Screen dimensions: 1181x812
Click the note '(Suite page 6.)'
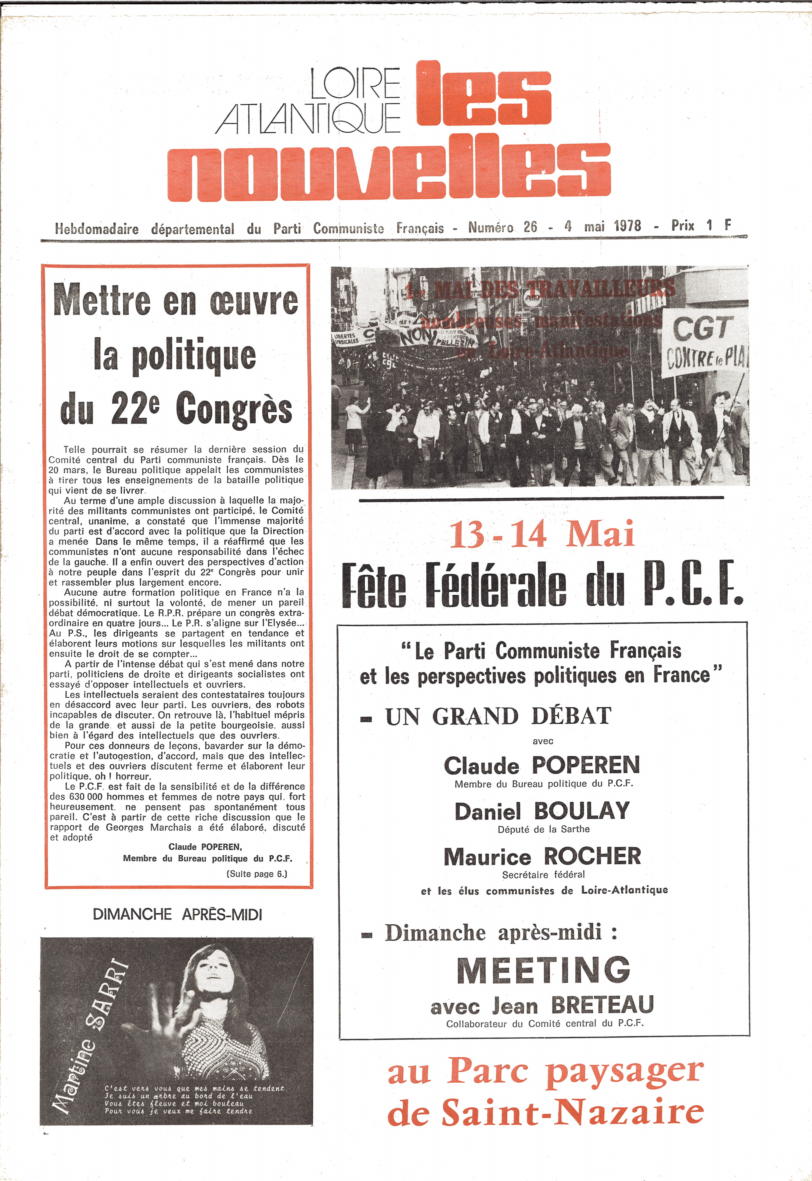click(257, 874)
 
